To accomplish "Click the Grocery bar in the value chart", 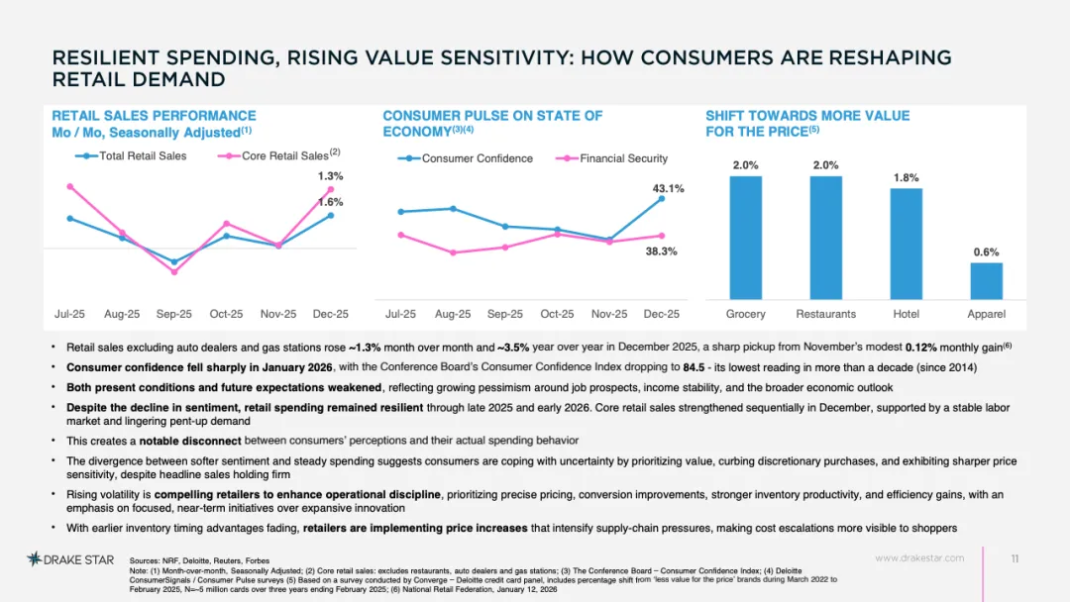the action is (x=745, y=238).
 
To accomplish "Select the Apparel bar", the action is (x=986, y=281).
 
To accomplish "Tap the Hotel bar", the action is (x=907, y=245).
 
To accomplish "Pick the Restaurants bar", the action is (x=825, y=238).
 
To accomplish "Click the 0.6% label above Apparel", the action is (x=986, y=252).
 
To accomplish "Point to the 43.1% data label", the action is (x=668, y=189).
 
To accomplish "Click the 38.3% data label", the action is (x=661, y=251).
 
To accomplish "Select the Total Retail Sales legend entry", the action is (x=131, y=156).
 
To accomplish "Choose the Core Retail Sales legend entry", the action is (x=278, y=155).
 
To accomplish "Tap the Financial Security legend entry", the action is (x=612, y=158).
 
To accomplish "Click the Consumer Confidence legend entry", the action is (x=466, y=158).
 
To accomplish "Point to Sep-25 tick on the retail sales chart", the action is (x=174, y=314).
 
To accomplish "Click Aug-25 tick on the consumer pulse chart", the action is (x=453, y=314).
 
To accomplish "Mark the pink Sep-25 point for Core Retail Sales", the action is (x=174, y=272).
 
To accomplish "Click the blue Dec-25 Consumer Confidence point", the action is (x=661, y=199).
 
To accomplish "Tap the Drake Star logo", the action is (x=70, y=559).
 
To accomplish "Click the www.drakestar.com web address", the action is (x=919, y=558).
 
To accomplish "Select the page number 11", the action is (x=1015, y=559).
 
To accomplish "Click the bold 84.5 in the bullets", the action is (x=694, y=367).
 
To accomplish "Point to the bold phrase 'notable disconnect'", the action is (x=190, y=441).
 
